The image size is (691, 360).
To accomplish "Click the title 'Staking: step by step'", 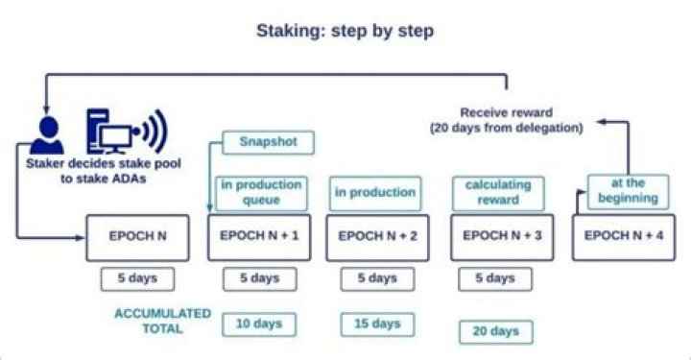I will (345, 31).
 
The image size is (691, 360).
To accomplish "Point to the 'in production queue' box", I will (261, 193).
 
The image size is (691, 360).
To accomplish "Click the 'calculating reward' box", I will (493, 193).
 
